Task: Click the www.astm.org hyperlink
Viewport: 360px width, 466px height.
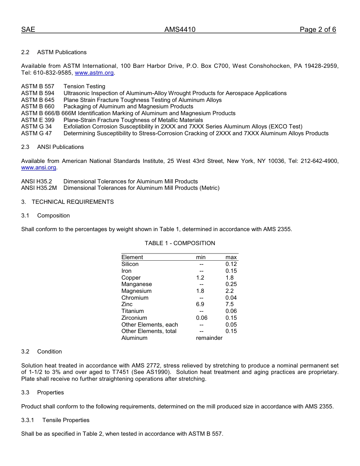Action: pos(94,73)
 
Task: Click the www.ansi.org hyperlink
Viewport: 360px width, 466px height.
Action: pos(39,167)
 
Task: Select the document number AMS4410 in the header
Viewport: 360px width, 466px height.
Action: pos(180,30)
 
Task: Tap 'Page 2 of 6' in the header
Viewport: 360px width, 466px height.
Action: pos(318,30)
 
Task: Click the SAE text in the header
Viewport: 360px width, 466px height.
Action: pos(28,30)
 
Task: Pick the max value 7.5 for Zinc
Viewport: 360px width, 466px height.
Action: pos(230,304)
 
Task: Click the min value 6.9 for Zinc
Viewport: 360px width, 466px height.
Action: pos(200,304)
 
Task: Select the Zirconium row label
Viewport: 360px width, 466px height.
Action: pos(134,318)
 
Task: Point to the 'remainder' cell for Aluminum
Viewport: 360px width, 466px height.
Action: pos(209,338)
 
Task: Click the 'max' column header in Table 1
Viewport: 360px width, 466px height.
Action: pos(231,257)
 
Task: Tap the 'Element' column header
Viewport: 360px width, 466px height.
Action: pos(132,257)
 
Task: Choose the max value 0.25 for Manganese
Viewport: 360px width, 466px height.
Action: pos(231,284)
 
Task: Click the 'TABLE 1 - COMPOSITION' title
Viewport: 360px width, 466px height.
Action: pos(180,243)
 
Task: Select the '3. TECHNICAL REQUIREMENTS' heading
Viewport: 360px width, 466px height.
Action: pos(67,202)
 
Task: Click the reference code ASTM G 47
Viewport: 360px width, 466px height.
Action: pos(36,133)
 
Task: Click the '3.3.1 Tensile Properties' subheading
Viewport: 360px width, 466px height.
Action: pos(55,420)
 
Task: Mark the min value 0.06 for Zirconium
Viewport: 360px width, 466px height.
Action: pos(202,318)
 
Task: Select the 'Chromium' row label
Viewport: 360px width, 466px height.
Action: pos(135,298)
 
